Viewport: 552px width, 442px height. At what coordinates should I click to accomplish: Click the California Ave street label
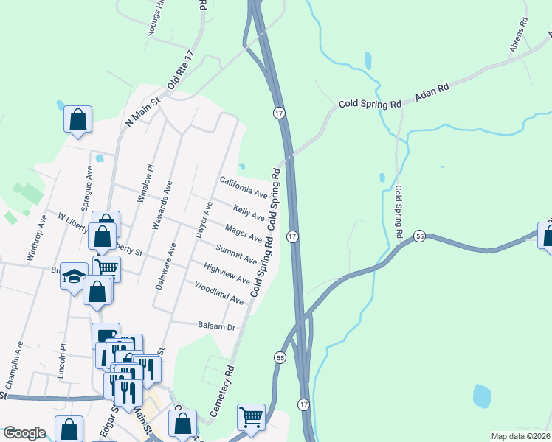click(243, 187)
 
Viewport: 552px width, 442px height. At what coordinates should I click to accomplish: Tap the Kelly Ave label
click(249, 213)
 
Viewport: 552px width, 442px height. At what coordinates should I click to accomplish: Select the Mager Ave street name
click(244, 234)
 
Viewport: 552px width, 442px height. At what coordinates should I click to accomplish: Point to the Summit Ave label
click(236, 254)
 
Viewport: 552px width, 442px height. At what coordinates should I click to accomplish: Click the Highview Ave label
click(226, 274)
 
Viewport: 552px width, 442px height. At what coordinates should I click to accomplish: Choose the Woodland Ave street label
click(218, 294)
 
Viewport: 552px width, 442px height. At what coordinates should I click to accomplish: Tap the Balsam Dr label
click(216, 325)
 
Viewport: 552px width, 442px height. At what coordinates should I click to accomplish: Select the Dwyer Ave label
click(203, 220)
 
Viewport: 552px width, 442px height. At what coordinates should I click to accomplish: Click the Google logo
click(24, 433)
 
